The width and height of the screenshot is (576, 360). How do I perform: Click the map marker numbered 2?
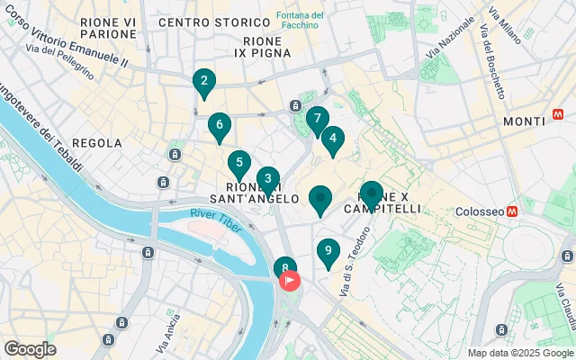tap(204, 84)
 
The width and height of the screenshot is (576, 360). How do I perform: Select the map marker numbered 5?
tap(238, 164)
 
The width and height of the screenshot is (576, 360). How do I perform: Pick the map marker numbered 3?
tap(267, 179)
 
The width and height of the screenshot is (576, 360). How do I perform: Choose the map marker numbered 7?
tap(317, 118)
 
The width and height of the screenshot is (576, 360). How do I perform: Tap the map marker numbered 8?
tap(284, 267)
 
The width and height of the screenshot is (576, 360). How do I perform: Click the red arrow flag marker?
tap(291, 281)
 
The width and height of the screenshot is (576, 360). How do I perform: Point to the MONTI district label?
tap(524, 121)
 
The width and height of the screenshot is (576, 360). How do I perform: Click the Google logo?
tap(30, 348)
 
